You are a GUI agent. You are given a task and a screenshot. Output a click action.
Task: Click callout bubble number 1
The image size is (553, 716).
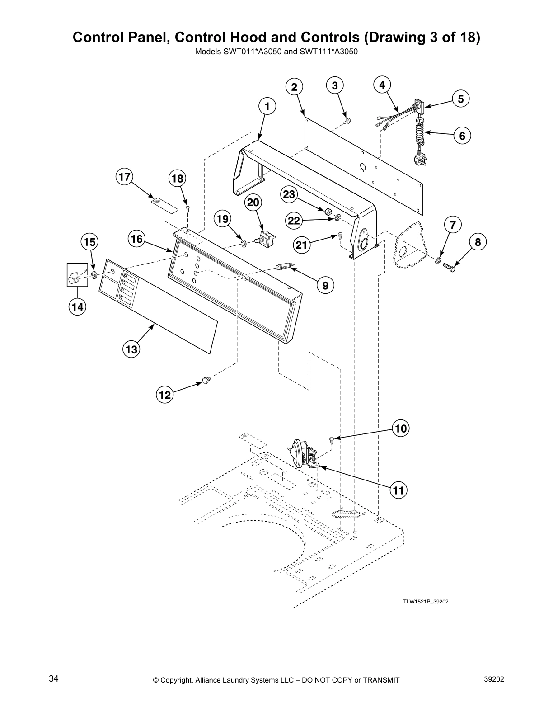(267, 107)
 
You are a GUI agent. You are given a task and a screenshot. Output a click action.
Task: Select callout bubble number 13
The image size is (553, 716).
(131, 349)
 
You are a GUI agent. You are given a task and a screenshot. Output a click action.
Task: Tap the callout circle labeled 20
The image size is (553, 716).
(253, 203)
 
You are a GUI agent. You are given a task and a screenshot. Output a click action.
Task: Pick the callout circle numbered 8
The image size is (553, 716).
(478, 243)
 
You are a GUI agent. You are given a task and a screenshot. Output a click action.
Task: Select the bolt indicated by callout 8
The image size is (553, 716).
(449, 267)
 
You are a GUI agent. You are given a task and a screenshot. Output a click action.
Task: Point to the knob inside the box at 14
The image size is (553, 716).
(74, 276)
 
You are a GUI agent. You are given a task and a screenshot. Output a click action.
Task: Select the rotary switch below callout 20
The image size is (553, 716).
(265, 237)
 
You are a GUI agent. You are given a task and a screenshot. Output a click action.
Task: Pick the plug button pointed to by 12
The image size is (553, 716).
(206, 381)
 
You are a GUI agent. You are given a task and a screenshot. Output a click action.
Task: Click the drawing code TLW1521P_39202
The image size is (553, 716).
(425, 602)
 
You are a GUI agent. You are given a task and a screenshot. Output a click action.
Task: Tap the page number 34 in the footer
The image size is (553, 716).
(53, 679)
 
